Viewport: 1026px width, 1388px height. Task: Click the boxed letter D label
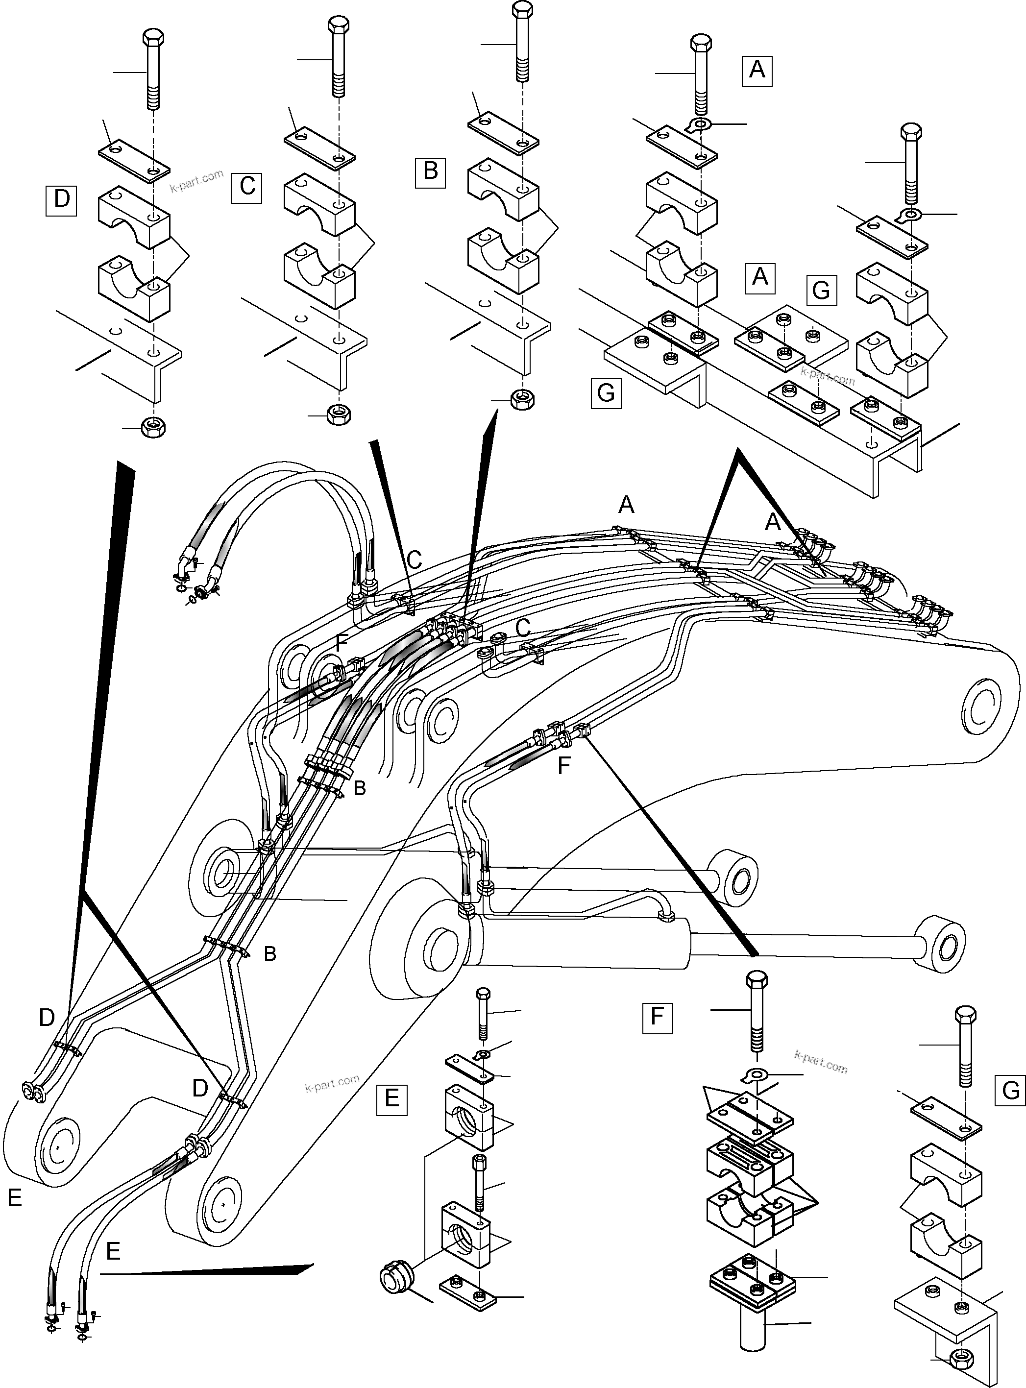click(x=61, y=200)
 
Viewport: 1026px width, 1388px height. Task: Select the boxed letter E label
click(x=391, y=1098)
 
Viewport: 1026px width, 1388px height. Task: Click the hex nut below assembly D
click(x=152, y=427)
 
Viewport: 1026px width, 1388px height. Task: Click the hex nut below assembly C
click(x=338, y=413)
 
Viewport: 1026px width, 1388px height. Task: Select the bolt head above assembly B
click(x=522, y=11)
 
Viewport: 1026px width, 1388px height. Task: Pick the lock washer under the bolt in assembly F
click(x=755, y=1074)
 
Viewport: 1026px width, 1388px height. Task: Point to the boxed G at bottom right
click(x=1010, y=1091)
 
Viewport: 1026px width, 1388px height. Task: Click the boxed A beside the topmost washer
click(x=757, y=70)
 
